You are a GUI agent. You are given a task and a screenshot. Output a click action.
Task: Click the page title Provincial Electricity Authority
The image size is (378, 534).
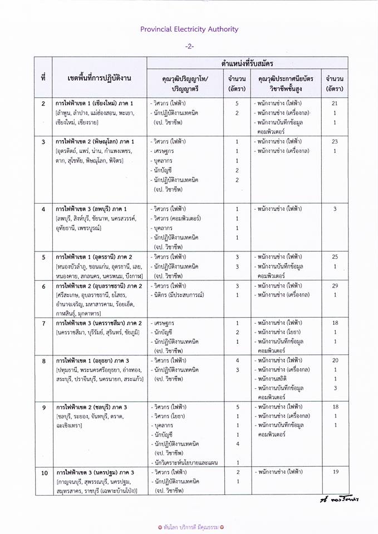189,29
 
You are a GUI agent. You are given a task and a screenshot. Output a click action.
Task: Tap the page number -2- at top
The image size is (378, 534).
189,47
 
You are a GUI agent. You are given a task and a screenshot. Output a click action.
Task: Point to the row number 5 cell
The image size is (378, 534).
43,257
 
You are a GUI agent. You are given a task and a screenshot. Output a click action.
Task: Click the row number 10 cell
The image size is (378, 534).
43,472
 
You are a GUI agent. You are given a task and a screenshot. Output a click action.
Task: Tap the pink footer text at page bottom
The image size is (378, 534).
189,526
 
